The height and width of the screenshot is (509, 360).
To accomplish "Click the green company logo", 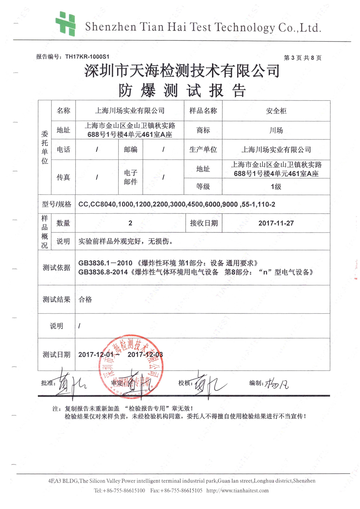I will [x=66, y=24].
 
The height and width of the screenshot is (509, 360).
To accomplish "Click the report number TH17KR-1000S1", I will [x=87, y=57].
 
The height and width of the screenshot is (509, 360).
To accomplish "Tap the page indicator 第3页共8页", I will [x=302, y=58].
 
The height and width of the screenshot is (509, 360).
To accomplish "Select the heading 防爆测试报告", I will [x=182, y=90].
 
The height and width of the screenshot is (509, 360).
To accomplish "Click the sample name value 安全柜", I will [x=276, y=111].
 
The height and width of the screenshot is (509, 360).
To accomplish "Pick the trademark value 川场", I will [x=276, y=130].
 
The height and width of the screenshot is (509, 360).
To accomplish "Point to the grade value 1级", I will [x=276, y=187].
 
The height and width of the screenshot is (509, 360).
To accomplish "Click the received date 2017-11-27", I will [x=276, y=223].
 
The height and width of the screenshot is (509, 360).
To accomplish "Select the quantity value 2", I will [x=130, y=223].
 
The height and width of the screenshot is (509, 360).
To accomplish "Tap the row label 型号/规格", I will [x=57, y=204].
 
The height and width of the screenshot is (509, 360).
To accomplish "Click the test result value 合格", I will [x=85, y=299].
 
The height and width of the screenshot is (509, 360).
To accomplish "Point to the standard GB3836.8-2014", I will [x=103, y=272].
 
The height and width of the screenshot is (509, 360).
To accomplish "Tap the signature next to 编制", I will [x=276, y=385].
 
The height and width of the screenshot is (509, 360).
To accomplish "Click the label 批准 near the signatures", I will [x=48, y=383].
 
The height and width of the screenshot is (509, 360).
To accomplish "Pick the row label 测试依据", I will [x=57, y=268].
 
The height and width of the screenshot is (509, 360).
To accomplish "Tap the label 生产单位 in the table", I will [x=203, y=149].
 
